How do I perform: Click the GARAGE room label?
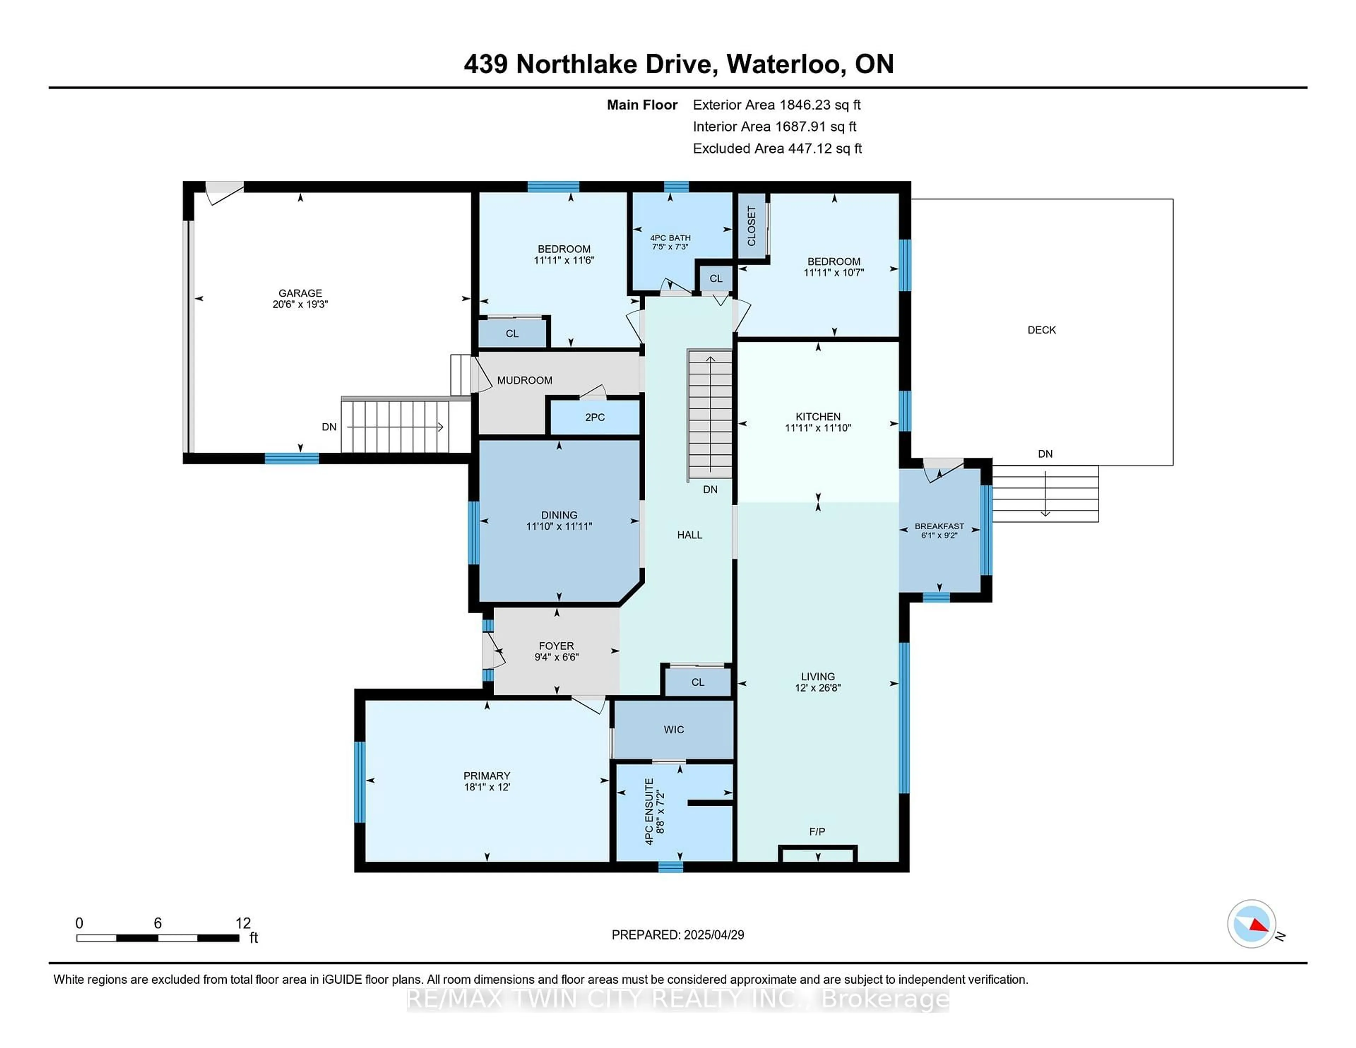tap(300, 293)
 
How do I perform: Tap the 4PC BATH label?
tap(670, 238)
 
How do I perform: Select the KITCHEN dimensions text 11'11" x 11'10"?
tap(818, 428)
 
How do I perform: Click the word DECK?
tap(1041, 330)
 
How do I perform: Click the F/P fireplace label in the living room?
tap(817, 831)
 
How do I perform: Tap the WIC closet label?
tap(674, 730)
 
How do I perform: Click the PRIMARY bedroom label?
tap(487, 775)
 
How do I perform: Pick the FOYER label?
tap(556, 646)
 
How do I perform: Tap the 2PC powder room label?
tap(595, 417)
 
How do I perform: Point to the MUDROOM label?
tap(525, 380)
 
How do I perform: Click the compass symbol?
tap(1251, 923)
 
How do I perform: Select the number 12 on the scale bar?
tap(243, 923)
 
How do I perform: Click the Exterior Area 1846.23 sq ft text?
tap(777, 105)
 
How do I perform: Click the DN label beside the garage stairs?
tap(329, 427)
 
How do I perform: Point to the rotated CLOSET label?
tap(751, 226)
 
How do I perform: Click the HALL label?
tap(689, 535)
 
